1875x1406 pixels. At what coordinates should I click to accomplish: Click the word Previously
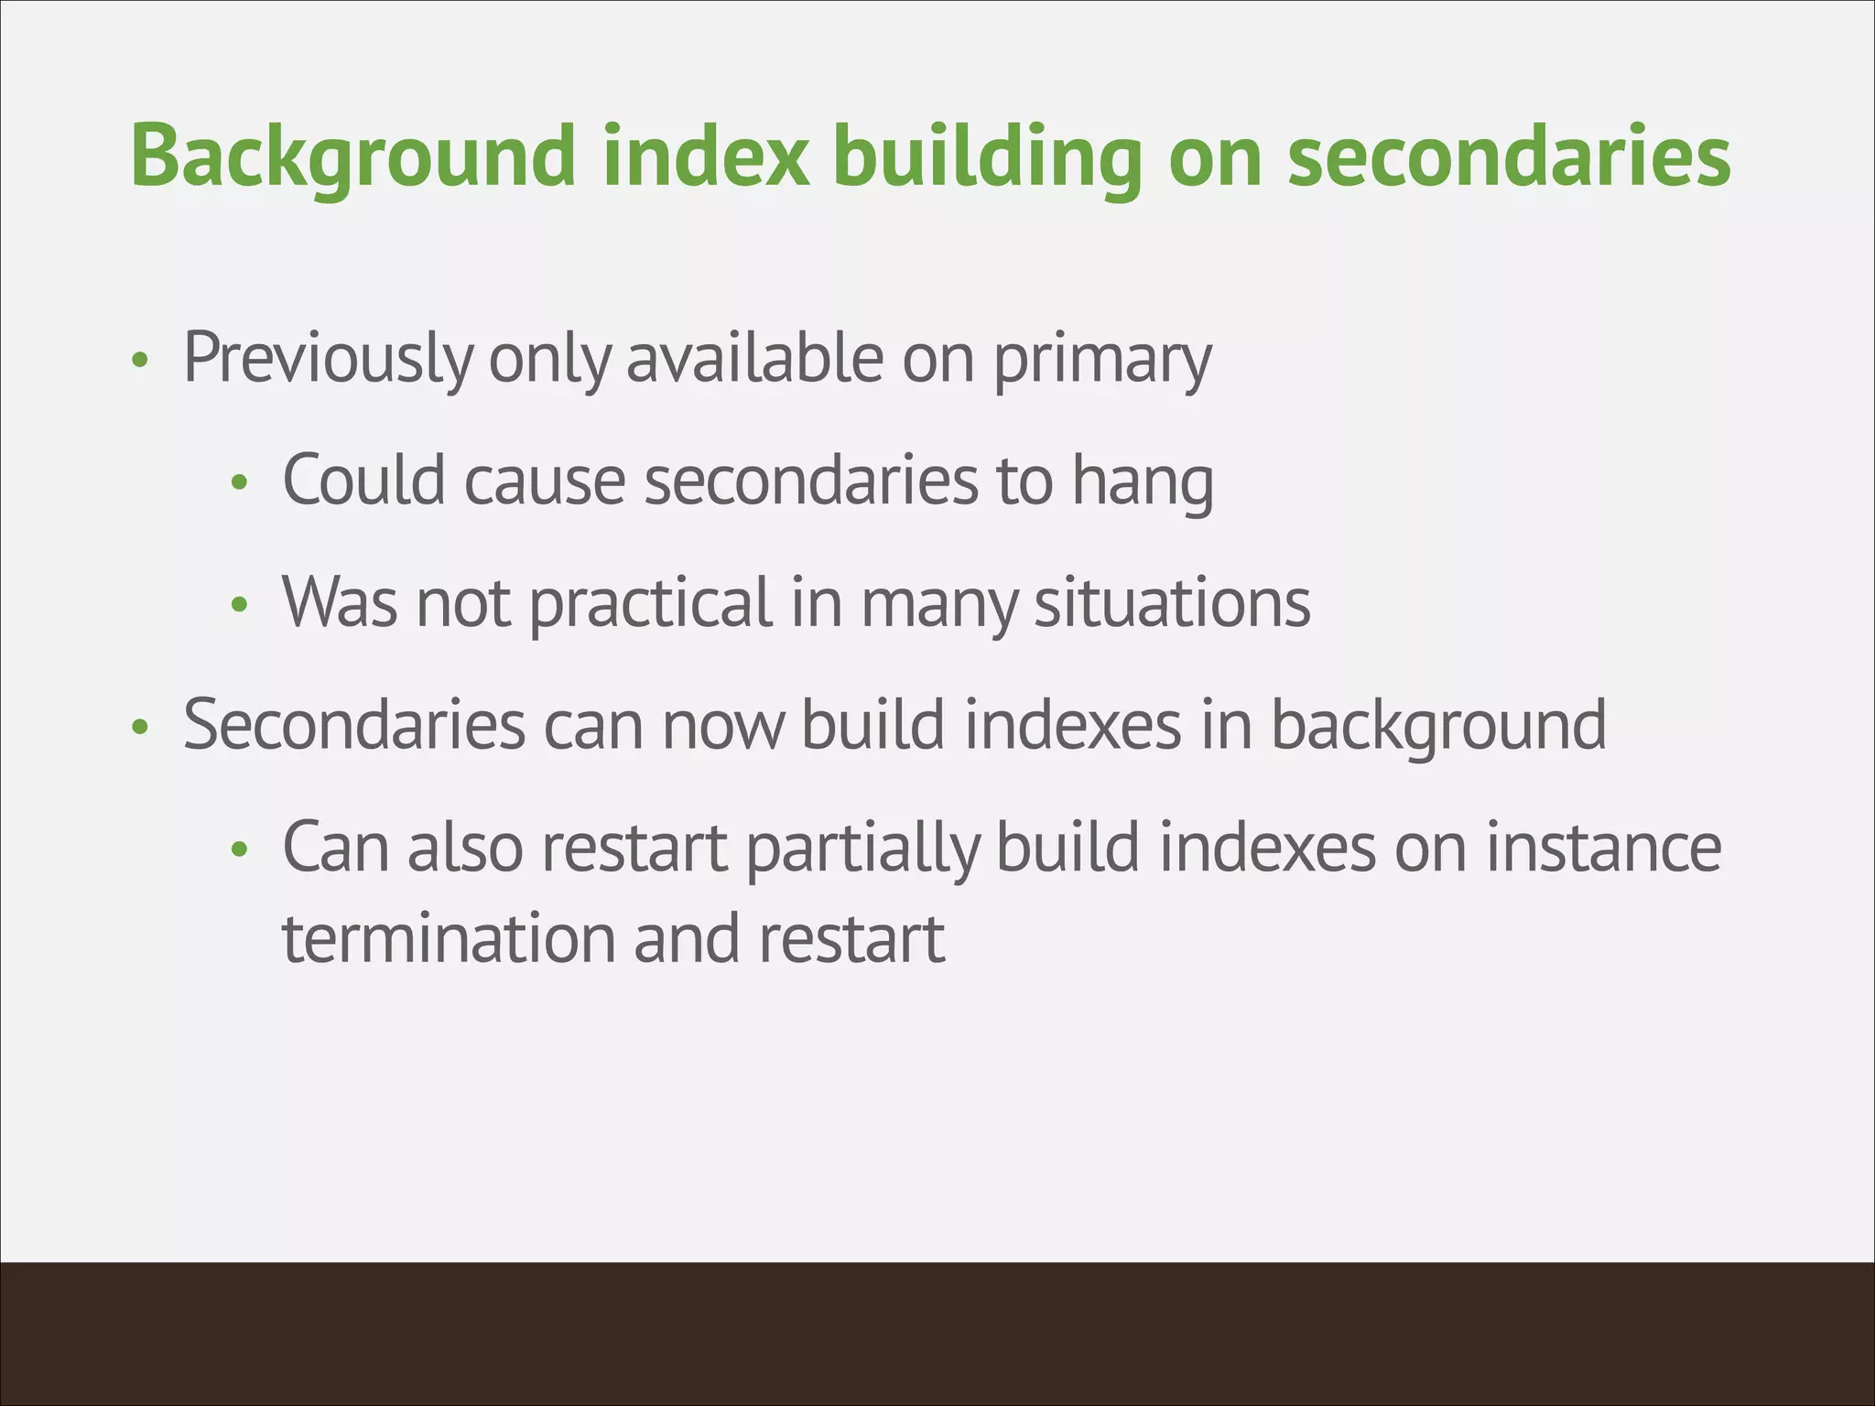tap(328, 359)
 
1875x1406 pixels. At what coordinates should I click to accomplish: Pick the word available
tap(754, 359)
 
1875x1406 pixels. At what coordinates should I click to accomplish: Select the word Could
tap(363, 481)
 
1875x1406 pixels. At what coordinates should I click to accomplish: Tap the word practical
tap(651, 604)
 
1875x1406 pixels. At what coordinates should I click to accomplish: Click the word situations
tap(1172, 604)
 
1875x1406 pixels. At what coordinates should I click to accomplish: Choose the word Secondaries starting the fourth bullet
tap(354, 726)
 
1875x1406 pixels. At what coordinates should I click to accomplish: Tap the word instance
tap(1602, 848)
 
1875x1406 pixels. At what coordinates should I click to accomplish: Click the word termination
tap(448, 940)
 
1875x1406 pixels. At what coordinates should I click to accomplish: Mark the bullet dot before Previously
tap(139, 361)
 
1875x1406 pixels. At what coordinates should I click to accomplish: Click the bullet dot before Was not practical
tap(239, 605)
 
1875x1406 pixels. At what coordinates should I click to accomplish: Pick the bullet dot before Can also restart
tap(239, 850)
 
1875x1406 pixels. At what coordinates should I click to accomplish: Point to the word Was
tap(339, 604)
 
